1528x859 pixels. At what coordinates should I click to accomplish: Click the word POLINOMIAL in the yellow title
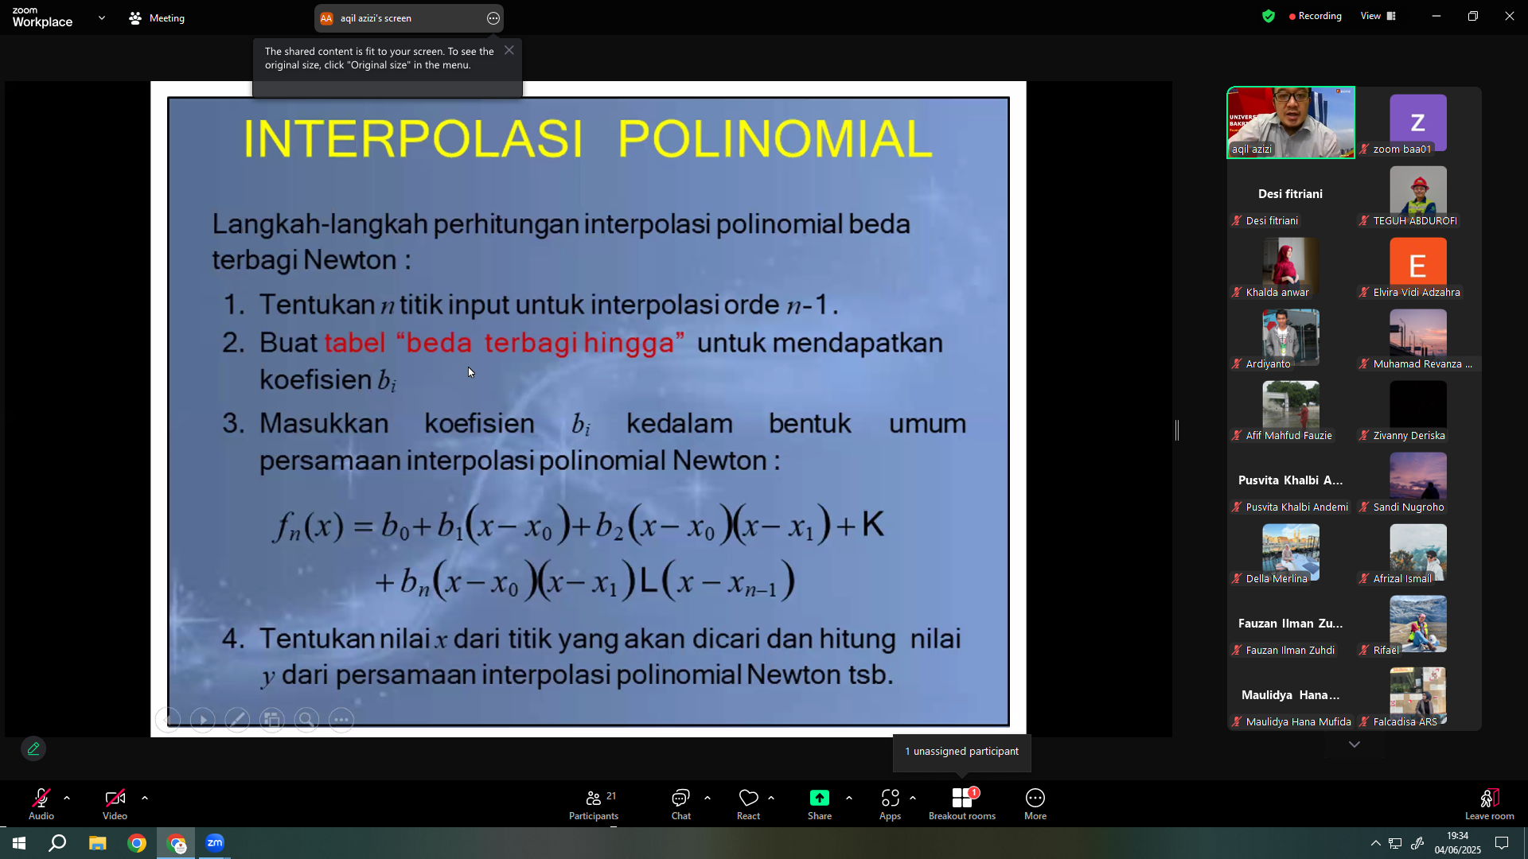[774, 138]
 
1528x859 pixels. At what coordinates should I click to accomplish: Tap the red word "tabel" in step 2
[355, 343]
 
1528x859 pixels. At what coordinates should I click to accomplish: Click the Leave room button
[1489, 803]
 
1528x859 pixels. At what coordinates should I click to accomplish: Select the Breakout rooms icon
[962, 798]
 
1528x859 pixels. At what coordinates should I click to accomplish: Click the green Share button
[820, 798]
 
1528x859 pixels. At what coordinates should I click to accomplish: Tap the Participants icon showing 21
[594, 798]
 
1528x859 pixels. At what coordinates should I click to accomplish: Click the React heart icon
[748, 798]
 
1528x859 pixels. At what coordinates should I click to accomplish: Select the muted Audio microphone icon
[41, 798]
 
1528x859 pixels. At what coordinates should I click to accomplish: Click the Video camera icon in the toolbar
[115, 798]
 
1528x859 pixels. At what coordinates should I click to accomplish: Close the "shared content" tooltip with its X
[509, 50]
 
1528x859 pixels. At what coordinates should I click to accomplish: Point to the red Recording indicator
[1315, 16]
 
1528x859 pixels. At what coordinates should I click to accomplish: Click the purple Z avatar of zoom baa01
[1418, 122]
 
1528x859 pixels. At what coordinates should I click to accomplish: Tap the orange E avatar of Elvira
[1418, 266]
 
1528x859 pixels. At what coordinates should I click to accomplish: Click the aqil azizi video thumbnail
[1291, 122]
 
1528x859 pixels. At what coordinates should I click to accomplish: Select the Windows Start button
[19, 843]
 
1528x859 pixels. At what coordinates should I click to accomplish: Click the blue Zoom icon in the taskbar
[215, 843]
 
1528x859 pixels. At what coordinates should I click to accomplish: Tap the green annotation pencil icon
[33, 748]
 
